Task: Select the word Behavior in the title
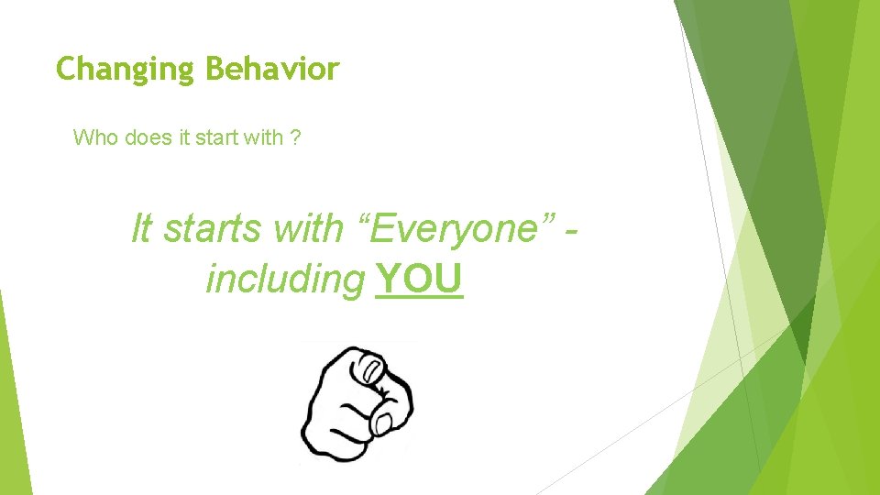point(272,68)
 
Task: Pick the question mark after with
point(293,138)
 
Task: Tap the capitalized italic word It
point(141,228)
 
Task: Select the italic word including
point(285,280)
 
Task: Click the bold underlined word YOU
point(419,280)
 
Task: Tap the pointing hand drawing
point(357,401)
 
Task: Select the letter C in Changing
point(66,69)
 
